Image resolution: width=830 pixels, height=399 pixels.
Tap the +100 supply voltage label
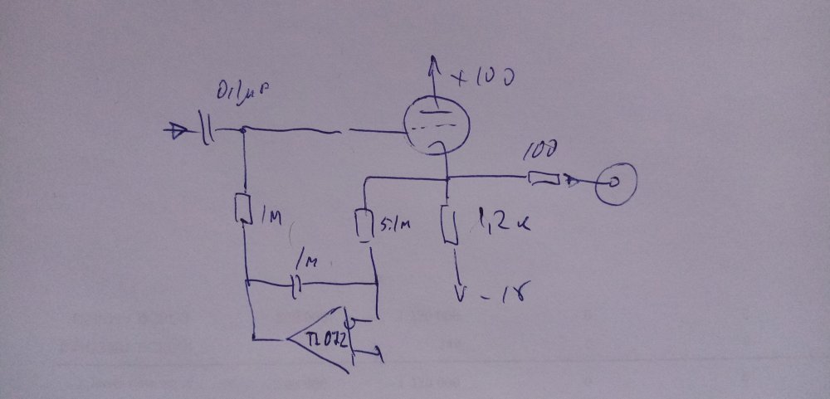tap(483, 78)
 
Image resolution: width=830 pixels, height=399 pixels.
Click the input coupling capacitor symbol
tap(207, 129)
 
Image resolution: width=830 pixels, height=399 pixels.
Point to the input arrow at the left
tap(177, 129)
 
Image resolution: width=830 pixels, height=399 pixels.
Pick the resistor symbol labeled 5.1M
tap(364, 223)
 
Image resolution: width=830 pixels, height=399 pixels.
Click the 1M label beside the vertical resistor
tap(271, 217)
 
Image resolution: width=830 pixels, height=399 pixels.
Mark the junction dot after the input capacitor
tap(242, 129)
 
